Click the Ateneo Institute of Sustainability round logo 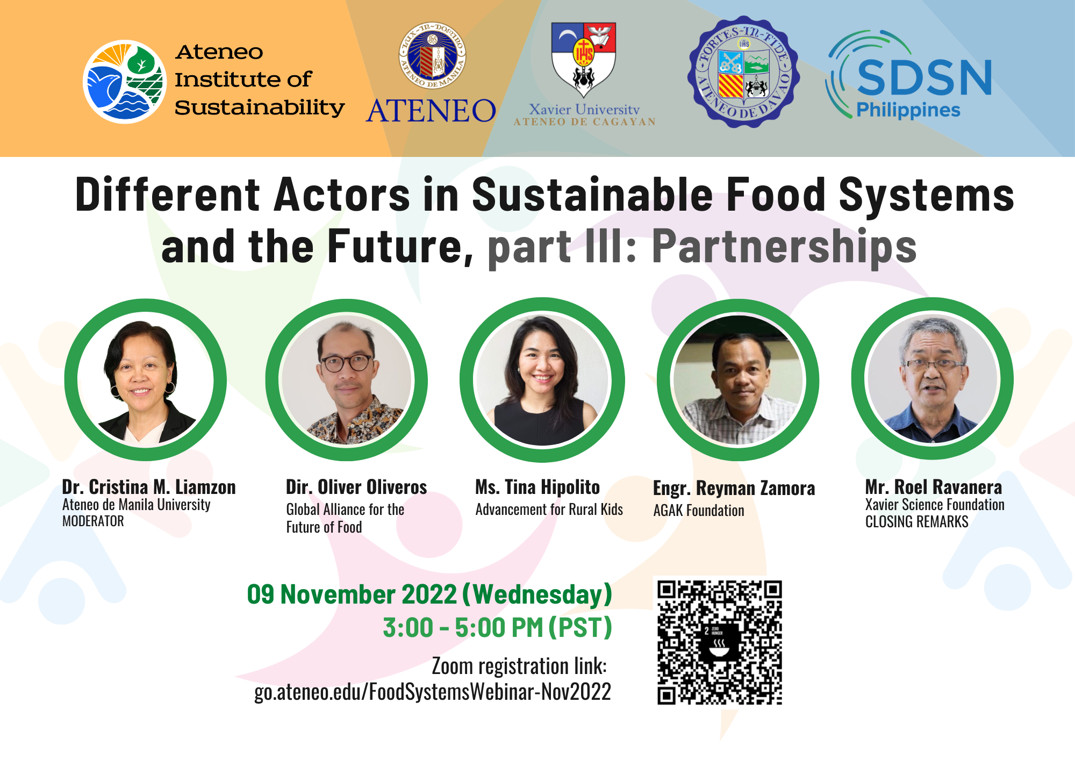click(125, 82)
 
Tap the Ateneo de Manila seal click(432, 55)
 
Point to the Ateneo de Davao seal click(743, 72)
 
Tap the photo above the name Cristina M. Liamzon click(145, 380)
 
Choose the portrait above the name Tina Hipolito click(542, 380)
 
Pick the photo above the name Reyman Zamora click(737, 380)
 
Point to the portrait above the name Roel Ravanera click(932, 379)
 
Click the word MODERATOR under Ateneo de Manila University click(93, 521)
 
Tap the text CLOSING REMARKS click(916, 522)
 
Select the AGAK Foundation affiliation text click(698, 511)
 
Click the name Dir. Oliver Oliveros click(356, 487)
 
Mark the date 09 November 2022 click(352, 594)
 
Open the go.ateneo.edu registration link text click(432, 692)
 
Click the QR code click(720, 642)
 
